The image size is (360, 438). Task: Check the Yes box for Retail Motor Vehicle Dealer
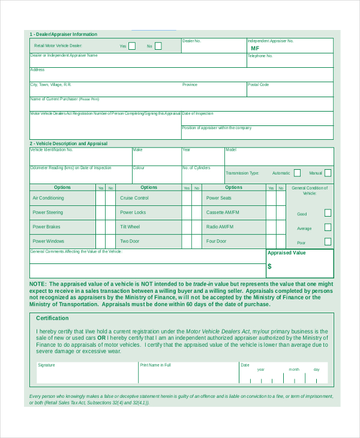132,46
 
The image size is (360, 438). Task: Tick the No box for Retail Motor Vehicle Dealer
158,46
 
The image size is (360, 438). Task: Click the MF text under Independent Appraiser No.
255,49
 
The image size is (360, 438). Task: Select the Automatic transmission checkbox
297,173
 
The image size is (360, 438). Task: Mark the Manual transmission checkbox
328,173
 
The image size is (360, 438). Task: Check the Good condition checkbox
328,212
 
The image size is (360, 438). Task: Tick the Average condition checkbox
328,227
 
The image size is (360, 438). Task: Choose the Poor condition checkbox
328,242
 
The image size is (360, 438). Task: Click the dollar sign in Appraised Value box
269,266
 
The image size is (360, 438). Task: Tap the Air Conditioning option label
48,198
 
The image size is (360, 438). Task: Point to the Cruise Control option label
134,198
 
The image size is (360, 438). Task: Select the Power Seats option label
219,198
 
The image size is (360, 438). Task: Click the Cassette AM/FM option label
223,212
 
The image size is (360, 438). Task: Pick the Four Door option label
217,241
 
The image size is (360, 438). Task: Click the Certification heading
52,318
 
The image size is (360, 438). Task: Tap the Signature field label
46,365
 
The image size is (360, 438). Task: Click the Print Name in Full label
155,365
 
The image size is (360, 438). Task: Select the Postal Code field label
258,85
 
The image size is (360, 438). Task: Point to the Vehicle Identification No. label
51,149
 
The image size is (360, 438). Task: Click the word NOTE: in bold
37,284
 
